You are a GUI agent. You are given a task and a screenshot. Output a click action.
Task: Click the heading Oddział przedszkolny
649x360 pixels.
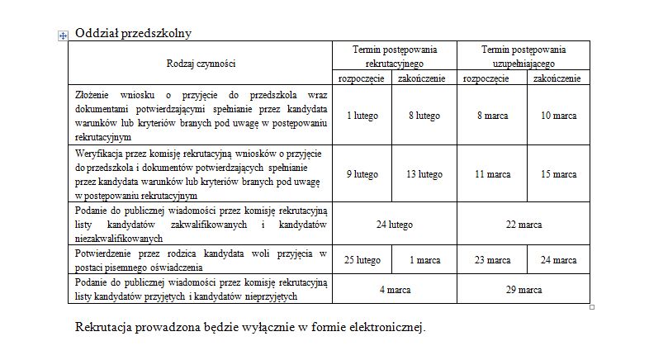(133, 34)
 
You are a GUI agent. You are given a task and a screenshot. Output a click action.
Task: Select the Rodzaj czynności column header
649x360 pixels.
(201, 63)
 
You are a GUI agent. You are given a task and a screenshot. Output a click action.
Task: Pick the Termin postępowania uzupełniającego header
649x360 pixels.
(523, 56)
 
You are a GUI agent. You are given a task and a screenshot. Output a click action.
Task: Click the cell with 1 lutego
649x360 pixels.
(362, 116)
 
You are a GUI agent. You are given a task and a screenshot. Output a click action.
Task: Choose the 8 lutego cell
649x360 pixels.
(424, 116)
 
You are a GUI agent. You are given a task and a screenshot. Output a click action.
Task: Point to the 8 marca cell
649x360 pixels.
(492, 116)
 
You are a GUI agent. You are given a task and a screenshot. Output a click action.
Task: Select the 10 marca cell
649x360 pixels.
(559, 116)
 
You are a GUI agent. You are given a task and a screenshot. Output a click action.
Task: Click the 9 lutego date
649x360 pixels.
(362, 174)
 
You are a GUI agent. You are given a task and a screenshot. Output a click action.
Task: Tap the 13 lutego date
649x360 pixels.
(424, 174)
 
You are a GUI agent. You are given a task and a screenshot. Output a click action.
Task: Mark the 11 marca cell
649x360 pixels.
(492, 174)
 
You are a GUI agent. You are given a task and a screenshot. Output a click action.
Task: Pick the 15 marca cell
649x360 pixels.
(559, 174)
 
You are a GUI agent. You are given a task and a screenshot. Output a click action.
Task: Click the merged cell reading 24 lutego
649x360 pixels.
(394, 225)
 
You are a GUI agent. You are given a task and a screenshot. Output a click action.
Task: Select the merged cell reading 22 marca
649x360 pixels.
(523, 225)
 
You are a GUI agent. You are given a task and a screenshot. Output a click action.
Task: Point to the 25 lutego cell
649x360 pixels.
(362, 260)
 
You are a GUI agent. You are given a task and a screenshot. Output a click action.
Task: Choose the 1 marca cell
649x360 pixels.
(424, 260)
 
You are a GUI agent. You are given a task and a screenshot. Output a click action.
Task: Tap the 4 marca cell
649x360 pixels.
(394, 290)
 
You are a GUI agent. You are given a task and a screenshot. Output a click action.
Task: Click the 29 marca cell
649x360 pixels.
(523, 290)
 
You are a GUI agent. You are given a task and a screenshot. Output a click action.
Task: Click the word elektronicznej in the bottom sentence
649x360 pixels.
(384, 328)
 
